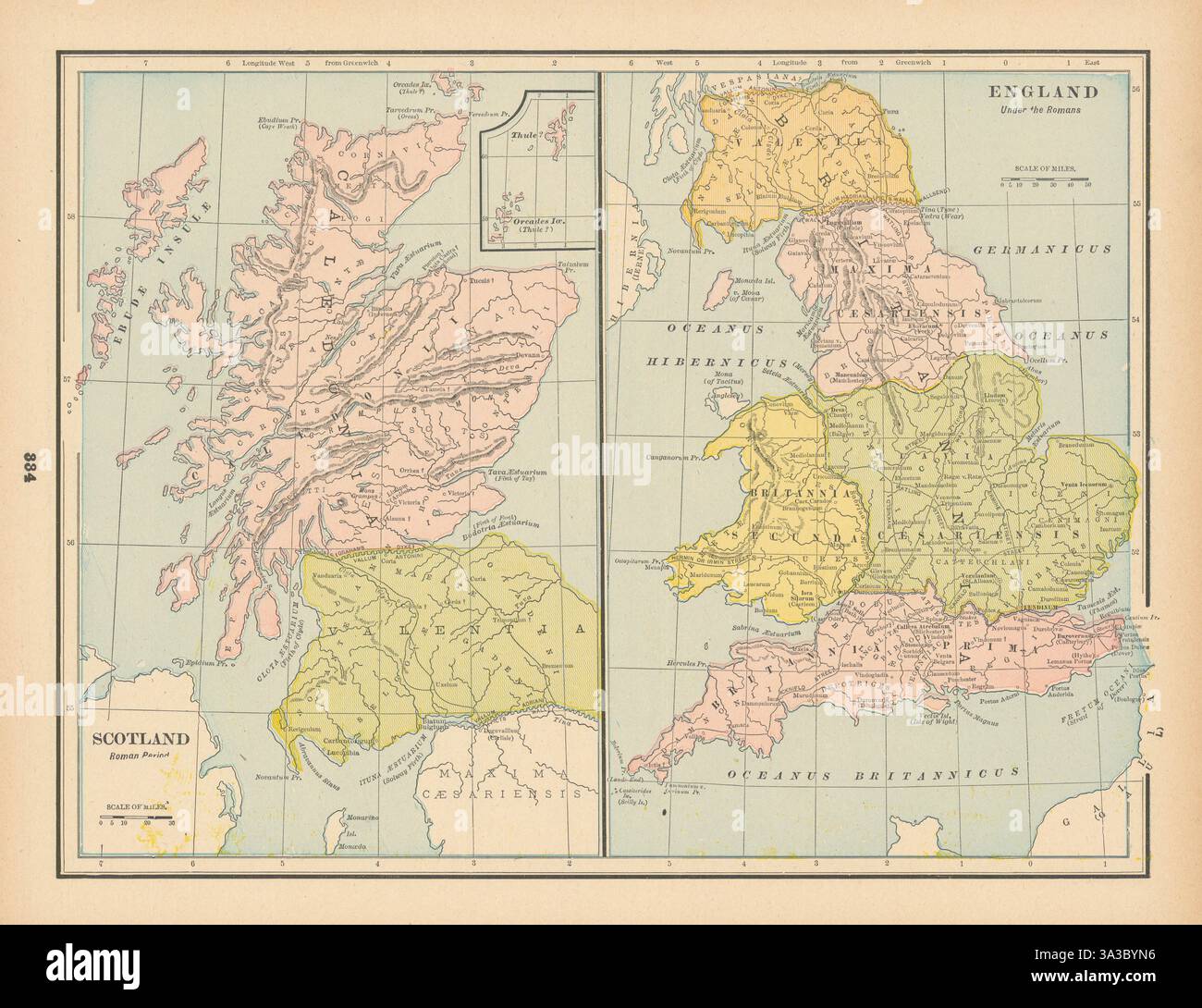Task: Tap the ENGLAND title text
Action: click(1044, 92)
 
